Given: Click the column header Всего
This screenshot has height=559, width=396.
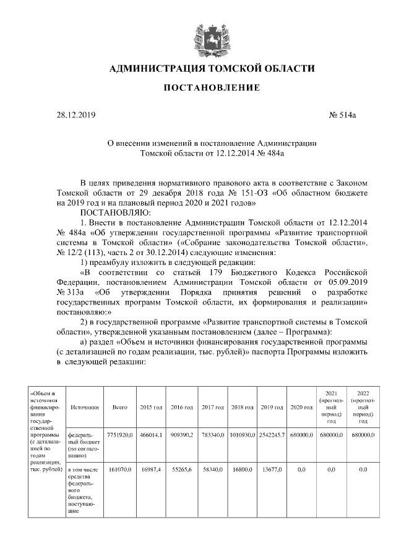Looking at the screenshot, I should [x=119, y=408].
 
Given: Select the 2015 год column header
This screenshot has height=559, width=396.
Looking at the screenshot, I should [x=151, y=408].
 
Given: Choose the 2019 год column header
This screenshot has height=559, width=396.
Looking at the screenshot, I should [x=272, y=408].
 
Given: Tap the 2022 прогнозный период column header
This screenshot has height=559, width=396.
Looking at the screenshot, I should [x=363, y=407].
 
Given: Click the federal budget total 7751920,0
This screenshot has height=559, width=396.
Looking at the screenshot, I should [x=119, y=435].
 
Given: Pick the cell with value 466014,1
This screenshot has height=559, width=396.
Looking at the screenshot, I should [x=151, y=435].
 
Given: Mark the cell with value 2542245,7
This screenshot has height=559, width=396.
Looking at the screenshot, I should [x=272, y=435].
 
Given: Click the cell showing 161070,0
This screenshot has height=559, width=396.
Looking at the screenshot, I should [x=119, y=470].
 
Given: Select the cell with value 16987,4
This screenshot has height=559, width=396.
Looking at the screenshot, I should [x=151, y=470].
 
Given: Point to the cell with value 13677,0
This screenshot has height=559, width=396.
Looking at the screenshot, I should [x=272, y=470].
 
